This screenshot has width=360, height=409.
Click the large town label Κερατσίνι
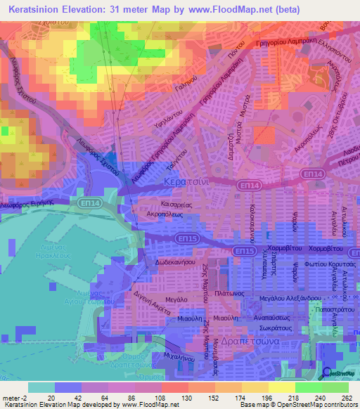tap(184, 181)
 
